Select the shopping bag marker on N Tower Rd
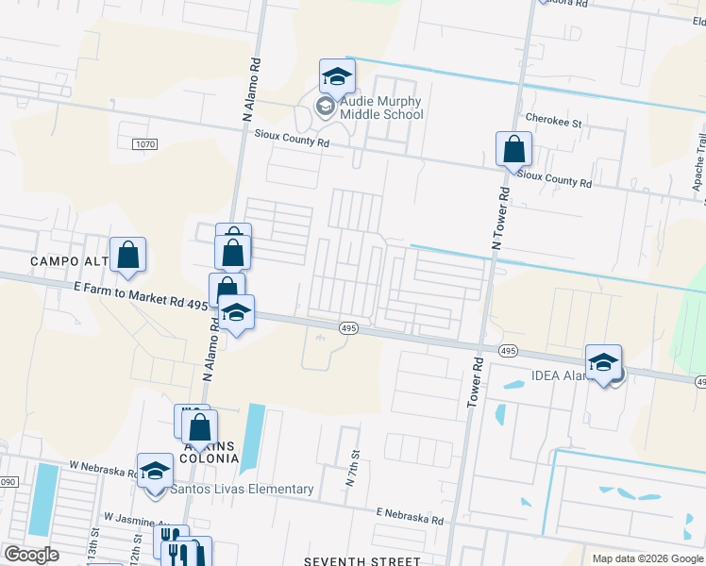pos(513,149)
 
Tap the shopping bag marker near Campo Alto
pos(127,255)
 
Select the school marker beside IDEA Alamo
pos(603,362)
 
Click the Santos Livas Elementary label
pos(242,489)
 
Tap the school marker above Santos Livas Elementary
pos(155,472)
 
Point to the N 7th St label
pos(351,469)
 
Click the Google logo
pos(32,555)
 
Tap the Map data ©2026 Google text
pos(647,558)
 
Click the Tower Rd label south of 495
pos(475,383)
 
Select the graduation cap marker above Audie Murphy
pos(336,75)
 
